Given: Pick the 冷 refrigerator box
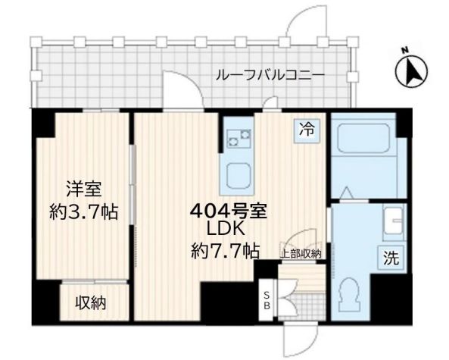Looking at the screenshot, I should click(x=307, y=130).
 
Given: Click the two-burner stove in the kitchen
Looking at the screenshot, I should click(x=240, y=138).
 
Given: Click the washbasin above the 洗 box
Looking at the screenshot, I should click(x=393, y=223).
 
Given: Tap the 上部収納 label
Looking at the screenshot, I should click(x=302, y=254).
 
